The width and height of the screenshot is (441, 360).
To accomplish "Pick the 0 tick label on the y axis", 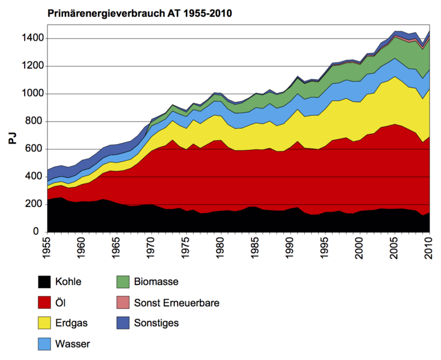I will coord(37,232).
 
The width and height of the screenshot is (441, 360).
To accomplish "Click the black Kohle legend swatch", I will coord(44,281).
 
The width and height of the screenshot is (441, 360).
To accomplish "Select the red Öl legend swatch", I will coord(44,302).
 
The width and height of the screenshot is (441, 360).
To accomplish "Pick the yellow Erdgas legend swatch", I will coord(44,323).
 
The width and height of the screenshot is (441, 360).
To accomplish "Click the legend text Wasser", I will coord(72,344).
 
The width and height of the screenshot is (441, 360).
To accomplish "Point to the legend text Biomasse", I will coord(157,281).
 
